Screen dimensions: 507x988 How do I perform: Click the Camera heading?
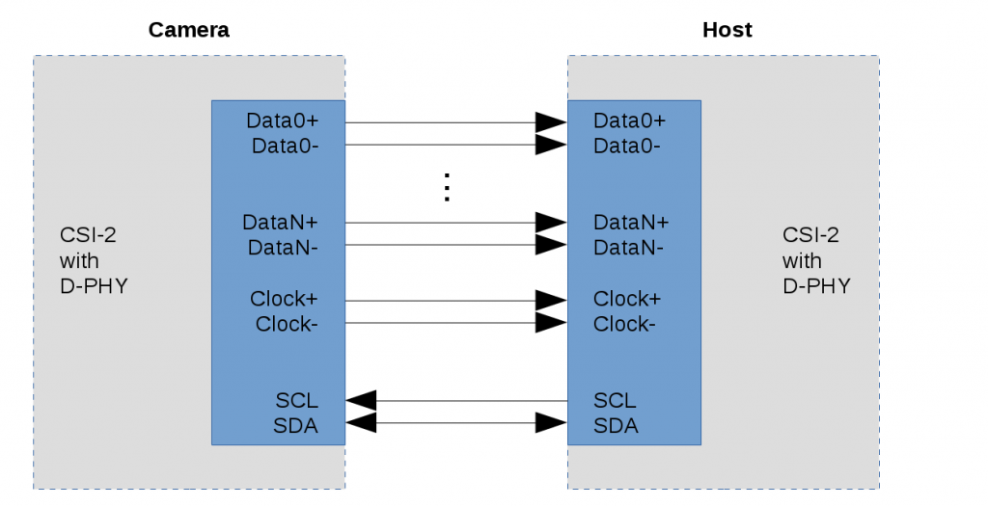[x=188, y=30]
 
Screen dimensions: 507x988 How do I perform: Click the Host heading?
[x=727, y=30]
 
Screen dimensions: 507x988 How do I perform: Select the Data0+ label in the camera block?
[x=282, y=121]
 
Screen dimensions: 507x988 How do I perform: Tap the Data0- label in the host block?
[x=627, y=146]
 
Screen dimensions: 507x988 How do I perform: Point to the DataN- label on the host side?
[x=628, y=247]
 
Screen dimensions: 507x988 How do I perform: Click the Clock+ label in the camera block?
[x=284, y=299]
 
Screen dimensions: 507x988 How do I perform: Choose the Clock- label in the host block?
[x=624, y=324]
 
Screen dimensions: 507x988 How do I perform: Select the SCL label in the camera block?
[x=296, y=401]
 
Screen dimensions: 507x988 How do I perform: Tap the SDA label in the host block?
[x=616, y=425]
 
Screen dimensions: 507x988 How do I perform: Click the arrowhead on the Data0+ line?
[x=551, y=122]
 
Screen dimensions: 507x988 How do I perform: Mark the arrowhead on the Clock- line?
[x=551, y=323]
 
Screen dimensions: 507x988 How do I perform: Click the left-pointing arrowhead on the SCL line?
[x=361, y=400]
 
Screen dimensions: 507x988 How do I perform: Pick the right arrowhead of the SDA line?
[x=551, y=423]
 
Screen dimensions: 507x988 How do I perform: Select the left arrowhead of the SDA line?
[x=361, y=423]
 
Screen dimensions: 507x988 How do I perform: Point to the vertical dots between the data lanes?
[x=447, y=187]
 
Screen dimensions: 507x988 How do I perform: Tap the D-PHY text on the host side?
[x=816, y=286]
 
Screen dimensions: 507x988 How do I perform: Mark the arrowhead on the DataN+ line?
[x=551, y=223]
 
